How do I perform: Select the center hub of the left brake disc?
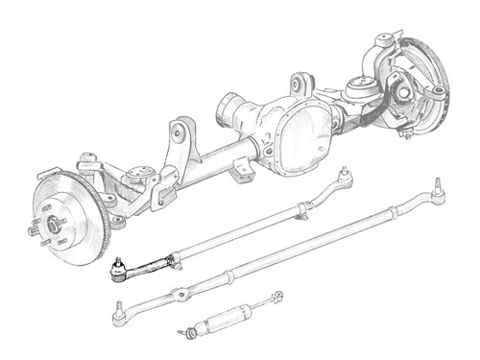[52, 226]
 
